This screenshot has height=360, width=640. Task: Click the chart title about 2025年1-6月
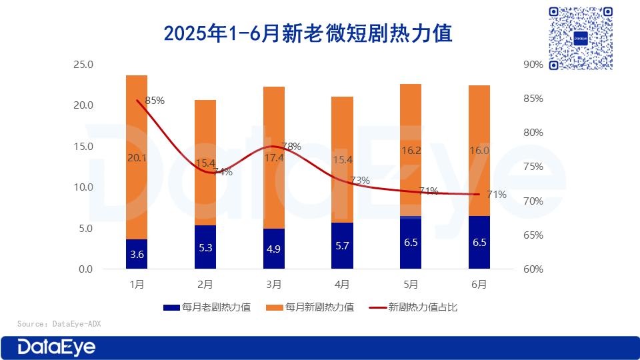308,33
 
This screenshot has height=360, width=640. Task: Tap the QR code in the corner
579,38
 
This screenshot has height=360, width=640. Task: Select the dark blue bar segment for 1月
137,254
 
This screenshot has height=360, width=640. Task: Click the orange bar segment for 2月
205,163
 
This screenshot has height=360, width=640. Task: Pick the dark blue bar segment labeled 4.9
274,249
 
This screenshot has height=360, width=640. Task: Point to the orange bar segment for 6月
479,151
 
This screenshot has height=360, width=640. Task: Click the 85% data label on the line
154,101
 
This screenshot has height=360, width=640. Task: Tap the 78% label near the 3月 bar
291,146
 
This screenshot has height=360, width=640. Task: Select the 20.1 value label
136,157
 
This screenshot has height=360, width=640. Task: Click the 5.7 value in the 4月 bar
343,245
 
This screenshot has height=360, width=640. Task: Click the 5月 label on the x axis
411,285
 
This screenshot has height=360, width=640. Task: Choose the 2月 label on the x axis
205,285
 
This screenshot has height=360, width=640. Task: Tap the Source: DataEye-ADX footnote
59,324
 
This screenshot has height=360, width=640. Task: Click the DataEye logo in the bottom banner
57,347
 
